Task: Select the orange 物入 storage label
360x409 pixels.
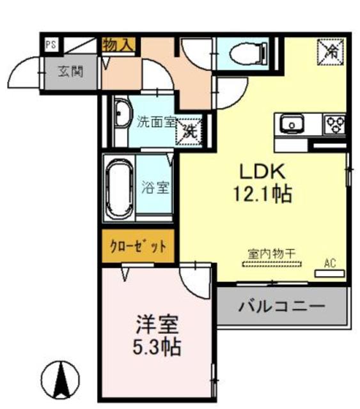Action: [x=118, y=45]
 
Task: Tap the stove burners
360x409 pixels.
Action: [x=336, y=122]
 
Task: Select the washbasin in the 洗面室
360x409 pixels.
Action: [x=121, y=114]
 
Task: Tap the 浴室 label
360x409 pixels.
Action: [x=155, y=188]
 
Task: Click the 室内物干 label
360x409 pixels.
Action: [x=272, y=254]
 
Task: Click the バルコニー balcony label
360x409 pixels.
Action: [x=282, y=307]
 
